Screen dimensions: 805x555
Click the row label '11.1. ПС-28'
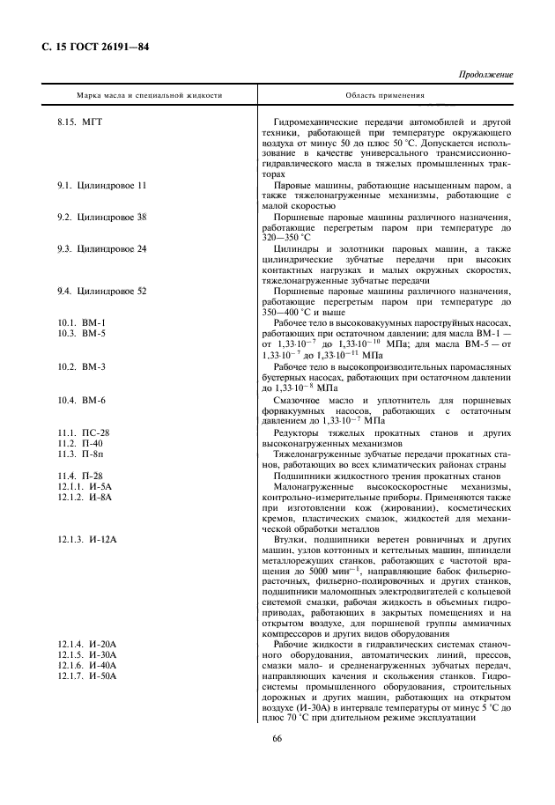click(x=84, y=433)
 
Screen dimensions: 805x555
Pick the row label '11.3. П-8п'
click(x=82, y=454)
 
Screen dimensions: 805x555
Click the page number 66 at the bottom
click(x=277, y=751)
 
